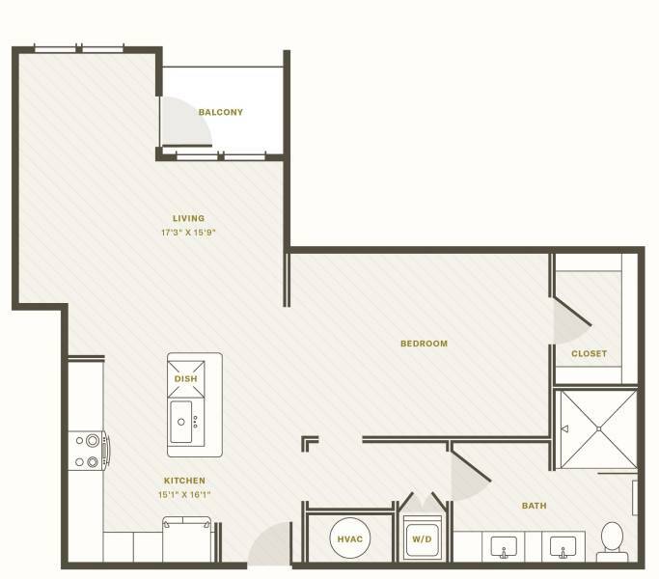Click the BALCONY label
[x=221, y=112]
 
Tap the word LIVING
[x=189, y=218]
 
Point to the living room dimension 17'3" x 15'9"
[x=188, y=233]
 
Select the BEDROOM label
[x=425, y=344]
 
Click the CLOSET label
[x=589, y=353]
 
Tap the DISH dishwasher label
[x=186, y=379]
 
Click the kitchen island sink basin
[x=181, y=422]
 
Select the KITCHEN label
[x=184, y=481]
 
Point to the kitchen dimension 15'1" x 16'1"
[x=184, y=494]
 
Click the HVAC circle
[x=350, y=539]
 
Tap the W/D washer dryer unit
[x=422, y=539]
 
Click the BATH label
[x=535, y=506]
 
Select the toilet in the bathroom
[x=612, y=541]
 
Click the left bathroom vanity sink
[x=504, y=546]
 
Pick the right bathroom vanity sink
[x=563, y=546]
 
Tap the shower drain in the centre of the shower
[x=598, y=428]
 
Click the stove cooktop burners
[x=87, y=452]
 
